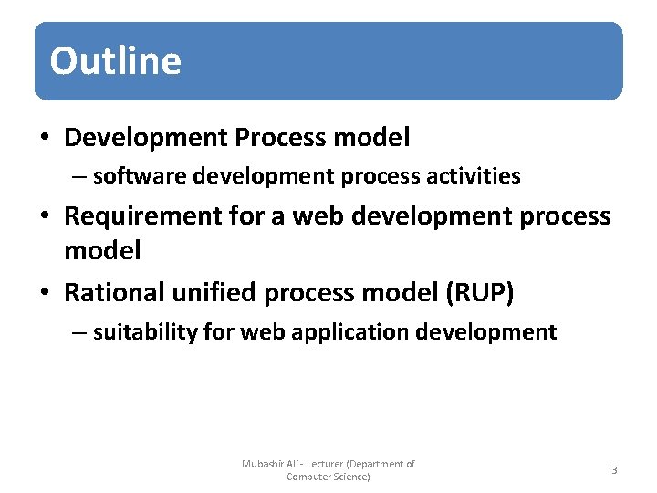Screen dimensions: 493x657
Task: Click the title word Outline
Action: [x=116, y=61]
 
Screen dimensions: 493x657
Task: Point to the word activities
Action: [x=474, y=175]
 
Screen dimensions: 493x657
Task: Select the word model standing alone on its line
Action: [x=102, y=250]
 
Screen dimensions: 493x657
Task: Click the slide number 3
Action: [x=614, y=470]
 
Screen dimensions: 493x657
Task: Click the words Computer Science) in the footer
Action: [x=328, y=477]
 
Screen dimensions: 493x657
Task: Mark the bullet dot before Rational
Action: [x=44, y=294]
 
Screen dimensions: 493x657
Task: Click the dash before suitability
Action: [x=80, y=332]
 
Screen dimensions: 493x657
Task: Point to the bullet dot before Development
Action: [x=44, y=139]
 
